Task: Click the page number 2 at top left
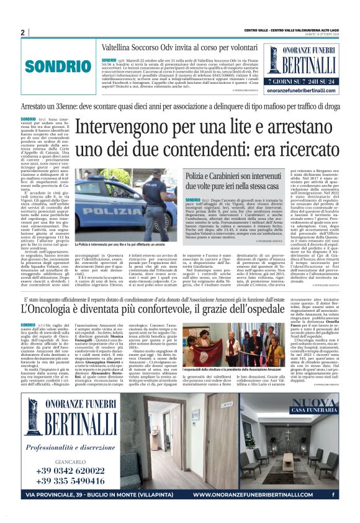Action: [x=22, y=33]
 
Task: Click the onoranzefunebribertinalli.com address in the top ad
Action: [x=301, y=91]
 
